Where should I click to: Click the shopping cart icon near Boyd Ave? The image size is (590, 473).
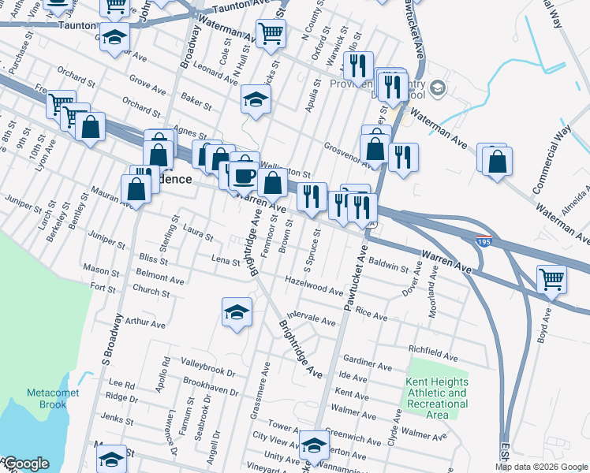pos(551,279)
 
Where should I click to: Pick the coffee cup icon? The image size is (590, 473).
pos(244,176)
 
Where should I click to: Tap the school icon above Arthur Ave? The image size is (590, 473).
pos(237,313)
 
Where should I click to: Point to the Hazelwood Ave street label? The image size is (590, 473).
pos(314,287)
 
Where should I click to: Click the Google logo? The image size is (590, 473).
pos(25,464)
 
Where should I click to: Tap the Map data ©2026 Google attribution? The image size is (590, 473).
pos(541,467)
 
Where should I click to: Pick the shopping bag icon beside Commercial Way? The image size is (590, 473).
pos(496,162)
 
